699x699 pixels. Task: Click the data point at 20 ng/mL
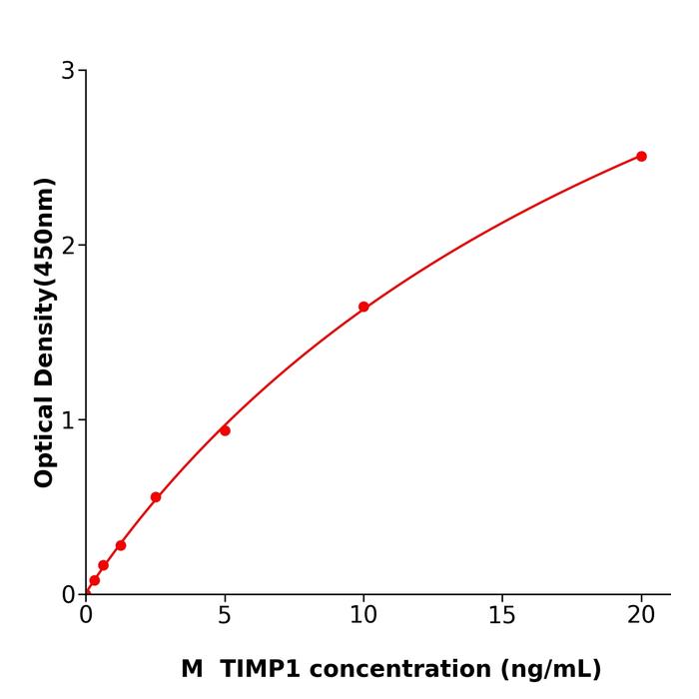[641, 157]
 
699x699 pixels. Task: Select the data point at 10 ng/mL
[363, 307]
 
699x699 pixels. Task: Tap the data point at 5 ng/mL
[225, 430]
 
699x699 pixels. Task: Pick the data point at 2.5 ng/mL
[156, 497]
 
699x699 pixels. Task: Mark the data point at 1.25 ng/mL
[121, 545]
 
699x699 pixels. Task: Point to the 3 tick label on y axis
[68, 71]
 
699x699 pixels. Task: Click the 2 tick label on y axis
[68, 246]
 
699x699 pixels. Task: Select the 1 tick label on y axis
[68, 420]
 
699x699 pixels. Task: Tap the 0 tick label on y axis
[68, 595]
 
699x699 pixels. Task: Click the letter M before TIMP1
[192, 669]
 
